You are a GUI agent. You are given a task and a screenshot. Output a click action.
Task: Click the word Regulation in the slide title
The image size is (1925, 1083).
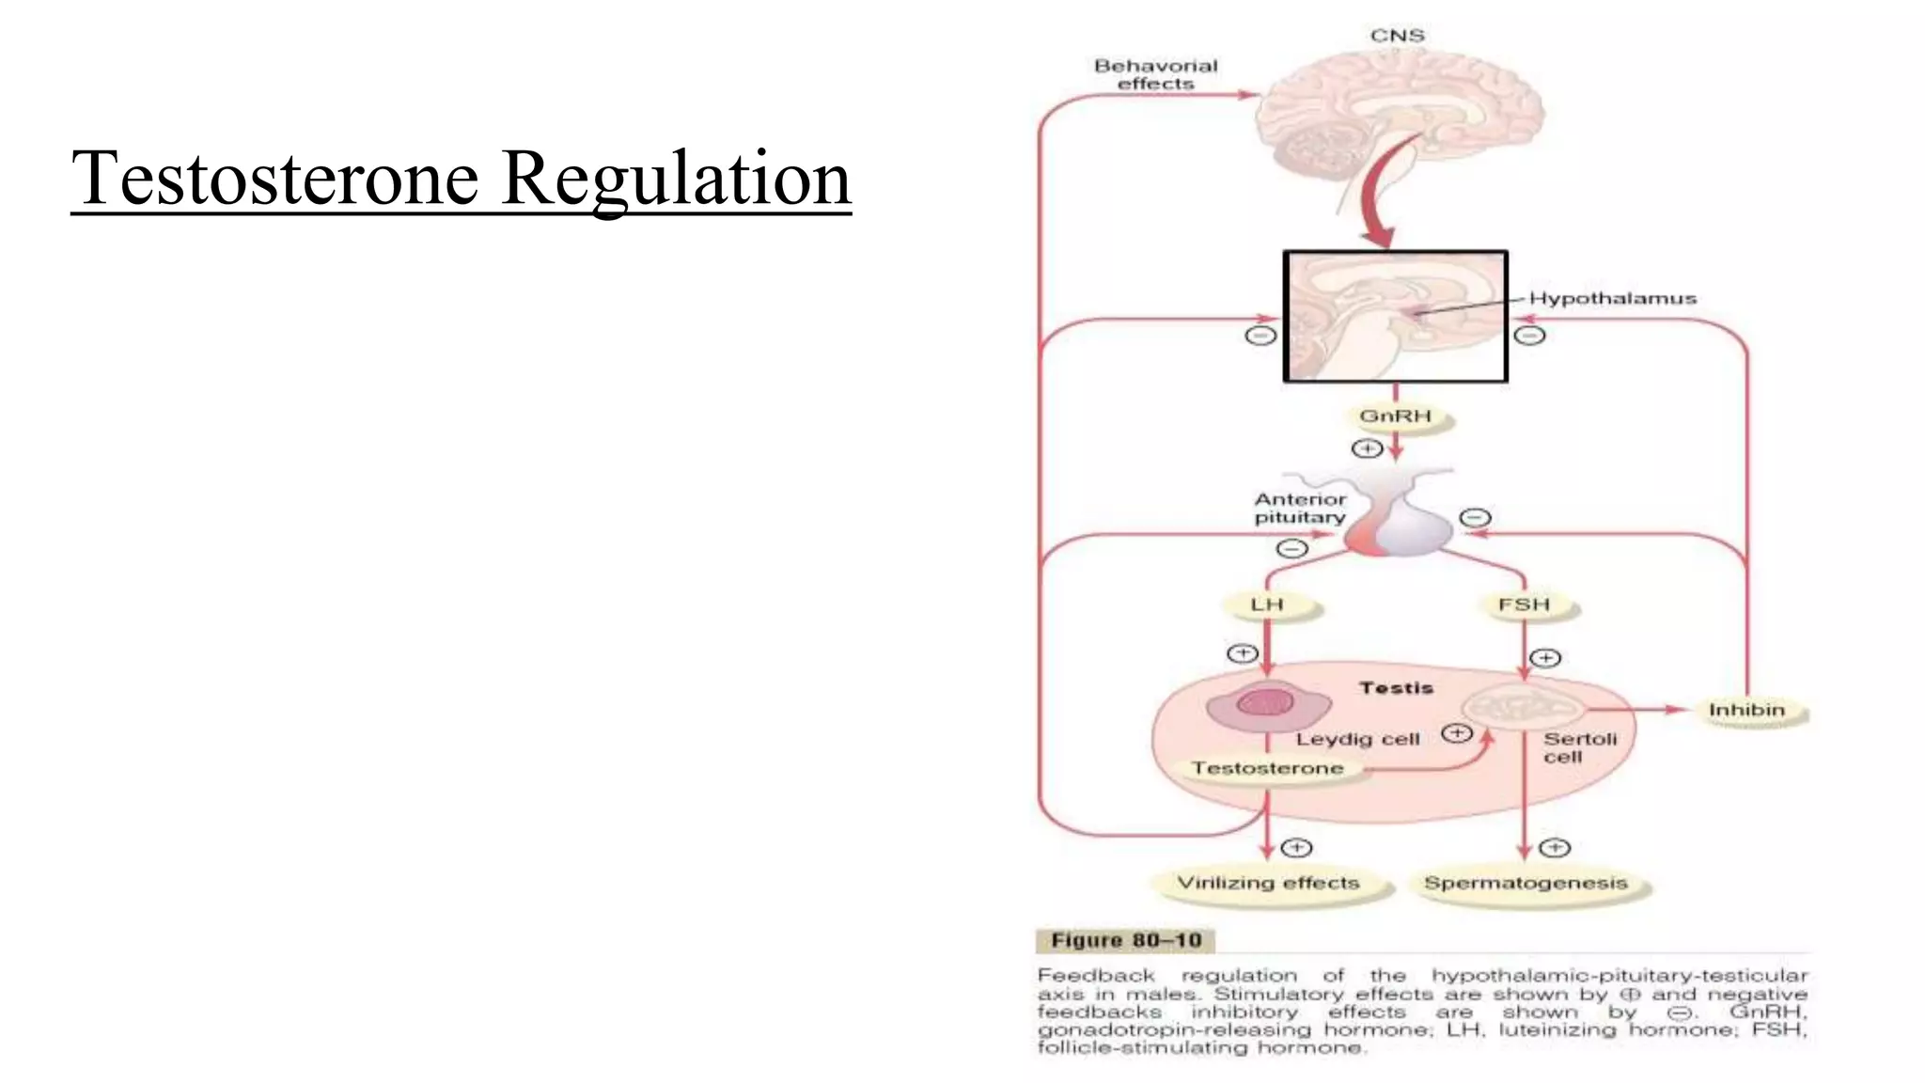[x=676, y=178]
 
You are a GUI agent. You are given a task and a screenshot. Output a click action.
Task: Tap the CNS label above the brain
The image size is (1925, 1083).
[x=1397, y=36]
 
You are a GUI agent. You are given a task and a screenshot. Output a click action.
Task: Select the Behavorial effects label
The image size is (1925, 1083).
[x=1155, y=74]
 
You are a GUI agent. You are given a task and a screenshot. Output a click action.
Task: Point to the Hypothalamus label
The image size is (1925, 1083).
[x=1612, y=298]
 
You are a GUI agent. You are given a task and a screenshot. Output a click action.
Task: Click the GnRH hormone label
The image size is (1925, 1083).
[x=1396, y=416]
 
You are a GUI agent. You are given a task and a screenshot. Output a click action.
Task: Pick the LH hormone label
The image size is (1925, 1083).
[x=1267, y=604]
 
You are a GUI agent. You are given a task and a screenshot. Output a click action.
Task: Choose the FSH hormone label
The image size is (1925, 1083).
[x=1524, y=604]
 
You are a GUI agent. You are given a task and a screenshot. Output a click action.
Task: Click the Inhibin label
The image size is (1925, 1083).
[x=1746, y=710]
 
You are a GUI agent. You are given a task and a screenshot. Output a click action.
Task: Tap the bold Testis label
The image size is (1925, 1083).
[x=1396, y=688]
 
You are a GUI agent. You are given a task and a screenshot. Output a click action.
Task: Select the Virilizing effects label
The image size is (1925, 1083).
[x=1268, y=883]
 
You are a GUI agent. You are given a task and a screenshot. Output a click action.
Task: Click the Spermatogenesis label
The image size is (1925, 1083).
[x=1526, y=883]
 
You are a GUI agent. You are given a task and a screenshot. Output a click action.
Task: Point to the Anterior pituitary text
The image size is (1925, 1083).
[x=1300, y=508]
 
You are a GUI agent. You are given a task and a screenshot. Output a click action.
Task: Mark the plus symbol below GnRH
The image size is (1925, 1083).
[x=1367, y=448]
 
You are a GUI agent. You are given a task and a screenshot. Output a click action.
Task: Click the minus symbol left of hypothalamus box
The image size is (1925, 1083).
[x=1260, y=336]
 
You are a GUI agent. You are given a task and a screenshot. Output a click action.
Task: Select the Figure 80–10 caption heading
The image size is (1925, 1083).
[x=1125, y=940]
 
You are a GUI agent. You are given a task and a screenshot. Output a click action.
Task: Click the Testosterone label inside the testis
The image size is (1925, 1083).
[x=1267, y=768]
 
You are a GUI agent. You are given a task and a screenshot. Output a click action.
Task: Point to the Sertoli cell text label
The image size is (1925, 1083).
[x=1579, y=747]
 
